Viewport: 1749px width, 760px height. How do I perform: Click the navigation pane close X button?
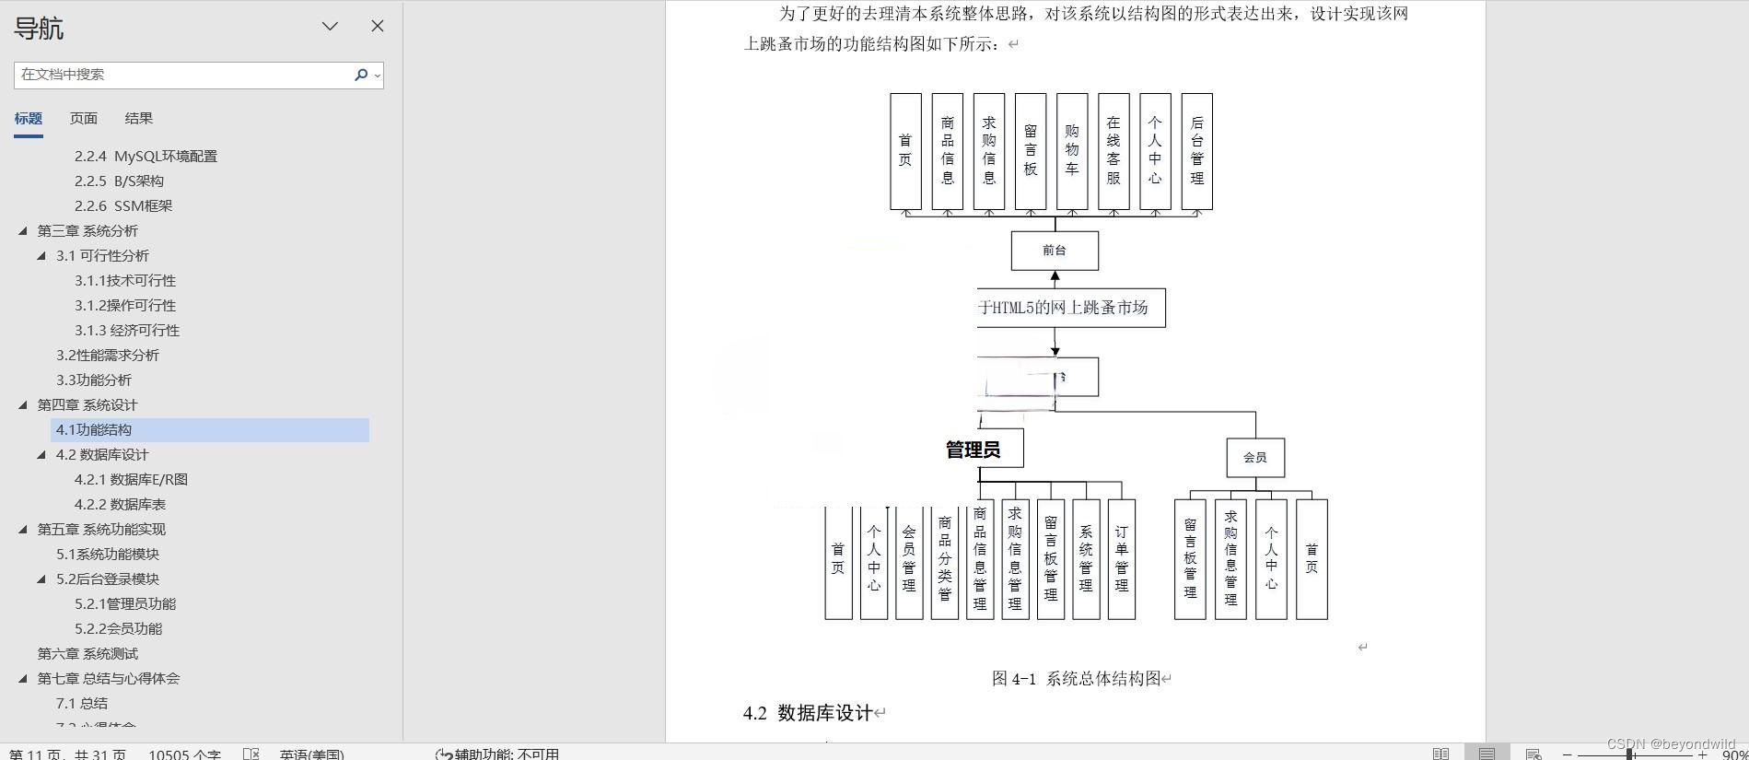point(378,26)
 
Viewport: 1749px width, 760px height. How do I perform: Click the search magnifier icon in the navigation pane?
point(361,75)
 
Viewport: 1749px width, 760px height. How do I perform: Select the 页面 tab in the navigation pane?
point(83,118)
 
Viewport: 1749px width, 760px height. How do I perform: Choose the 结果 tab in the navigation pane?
point(138,118)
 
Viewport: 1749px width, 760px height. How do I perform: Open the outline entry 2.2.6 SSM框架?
point(123,205)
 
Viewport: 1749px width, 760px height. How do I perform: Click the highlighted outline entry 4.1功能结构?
point(94,429)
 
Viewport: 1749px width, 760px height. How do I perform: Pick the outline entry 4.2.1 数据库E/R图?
point(131,479)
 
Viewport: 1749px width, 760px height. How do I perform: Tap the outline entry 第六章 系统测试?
point(87,653)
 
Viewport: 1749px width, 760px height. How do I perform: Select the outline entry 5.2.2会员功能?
point(118,628)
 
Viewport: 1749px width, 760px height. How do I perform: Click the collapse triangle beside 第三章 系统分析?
point(23,230)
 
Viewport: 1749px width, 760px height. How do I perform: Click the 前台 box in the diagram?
point(1055,250)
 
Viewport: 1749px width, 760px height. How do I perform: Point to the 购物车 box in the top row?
point(1072,151)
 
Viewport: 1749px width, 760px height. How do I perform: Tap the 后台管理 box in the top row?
point(1196,151)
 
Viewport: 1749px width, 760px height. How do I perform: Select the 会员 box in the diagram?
point(1255,457)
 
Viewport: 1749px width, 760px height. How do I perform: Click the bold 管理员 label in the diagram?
point(974,450)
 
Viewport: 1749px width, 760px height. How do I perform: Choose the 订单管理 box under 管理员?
point(1121,559)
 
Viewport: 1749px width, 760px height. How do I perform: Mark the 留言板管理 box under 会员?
point(1190,559)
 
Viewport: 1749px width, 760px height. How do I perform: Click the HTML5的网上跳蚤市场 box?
point(1070,308)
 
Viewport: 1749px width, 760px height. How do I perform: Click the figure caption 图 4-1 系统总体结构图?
point(1076,679)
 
